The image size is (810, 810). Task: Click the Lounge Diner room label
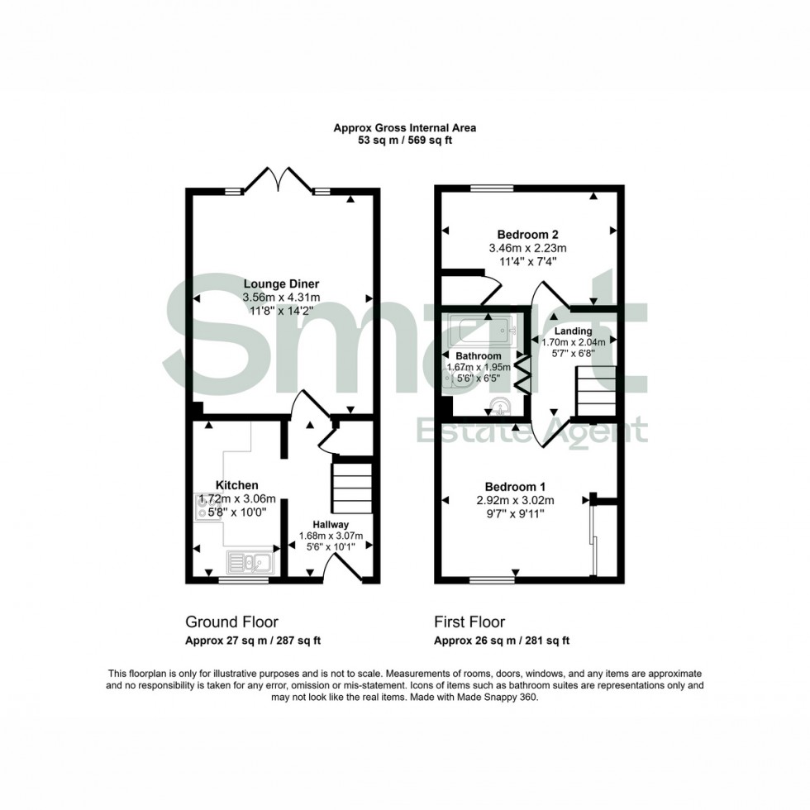[x=281, y=284]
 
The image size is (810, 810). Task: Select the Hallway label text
[x=331, y=524]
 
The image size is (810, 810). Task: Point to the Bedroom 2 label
[x=528, y=234]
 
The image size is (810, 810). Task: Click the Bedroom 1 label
[x=515, y=486]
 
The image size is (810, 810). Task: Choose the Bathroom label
[x=479, y=356]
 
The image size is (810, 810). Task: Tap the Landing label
[x=573, y=331]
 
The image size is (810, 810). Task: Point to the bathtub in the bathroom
[x=479, y=331]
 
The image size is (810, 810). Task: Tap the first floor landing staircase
[x=596, y=391]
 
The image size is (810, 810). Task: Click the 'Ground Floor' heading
[x=231, y=622]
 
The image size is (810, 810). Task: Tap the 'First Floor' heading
[x=469, y=622]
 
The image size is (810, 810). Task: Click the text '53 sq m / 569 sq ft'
[x=404, y=141]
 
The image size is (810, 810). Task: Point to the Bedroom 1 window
[x=491, y=581]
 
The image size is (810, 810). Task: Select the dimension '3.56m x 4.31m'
[x=281, y=298]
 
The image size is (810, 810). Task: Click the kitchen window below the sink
[x=243, y=582]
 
